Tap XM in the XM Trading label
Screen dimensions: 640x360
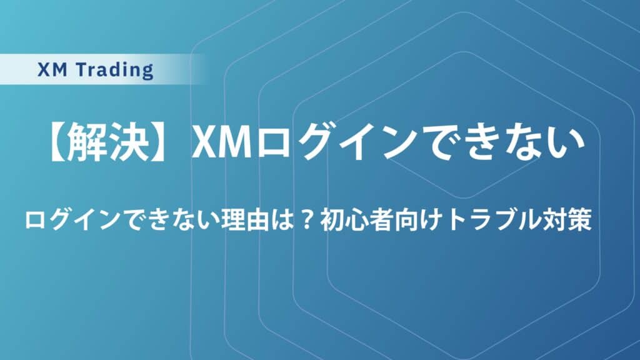[x=52, y=70]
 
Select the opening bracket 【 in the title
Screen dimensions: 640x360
[x=57, y=143]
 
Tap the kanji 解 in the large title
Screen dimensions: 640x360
[x=87, y=143]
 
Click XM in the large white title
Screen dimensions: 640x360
[x=222, y=143]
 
